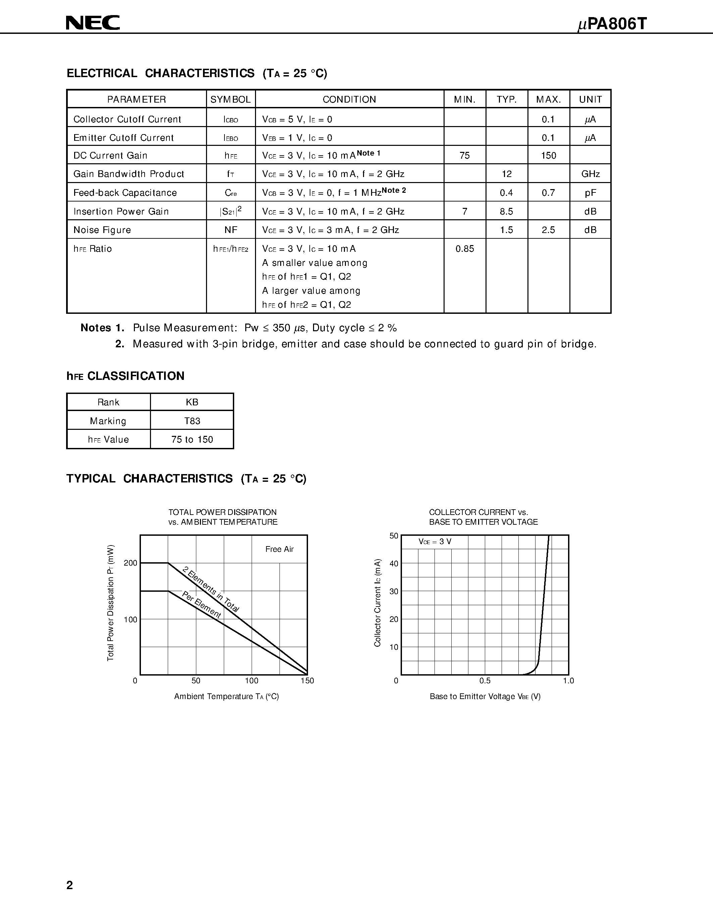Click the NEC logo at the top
93,23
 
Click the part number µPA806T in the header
612,24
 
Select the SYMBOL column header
231,100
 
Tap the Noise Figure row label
102,230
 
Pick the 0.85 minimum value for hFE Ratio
465,249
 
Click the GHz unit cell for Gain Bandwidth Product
590,174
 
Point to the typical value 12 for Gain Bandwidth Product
506,174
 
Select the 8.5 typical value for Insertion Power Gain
506,212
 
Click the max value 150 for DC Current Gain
548,156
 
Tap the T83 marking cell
192,421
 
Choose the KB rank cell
192,402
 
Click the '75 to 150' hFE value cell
192,440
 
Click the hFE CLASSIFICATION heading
125,376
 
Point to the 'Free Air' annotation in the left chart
279,549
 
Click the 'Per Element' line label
201,605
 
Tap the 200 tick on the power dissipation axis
131,563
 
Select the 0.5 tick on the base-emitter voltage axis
485,681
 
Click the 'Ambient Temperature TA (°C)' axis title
226,697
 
